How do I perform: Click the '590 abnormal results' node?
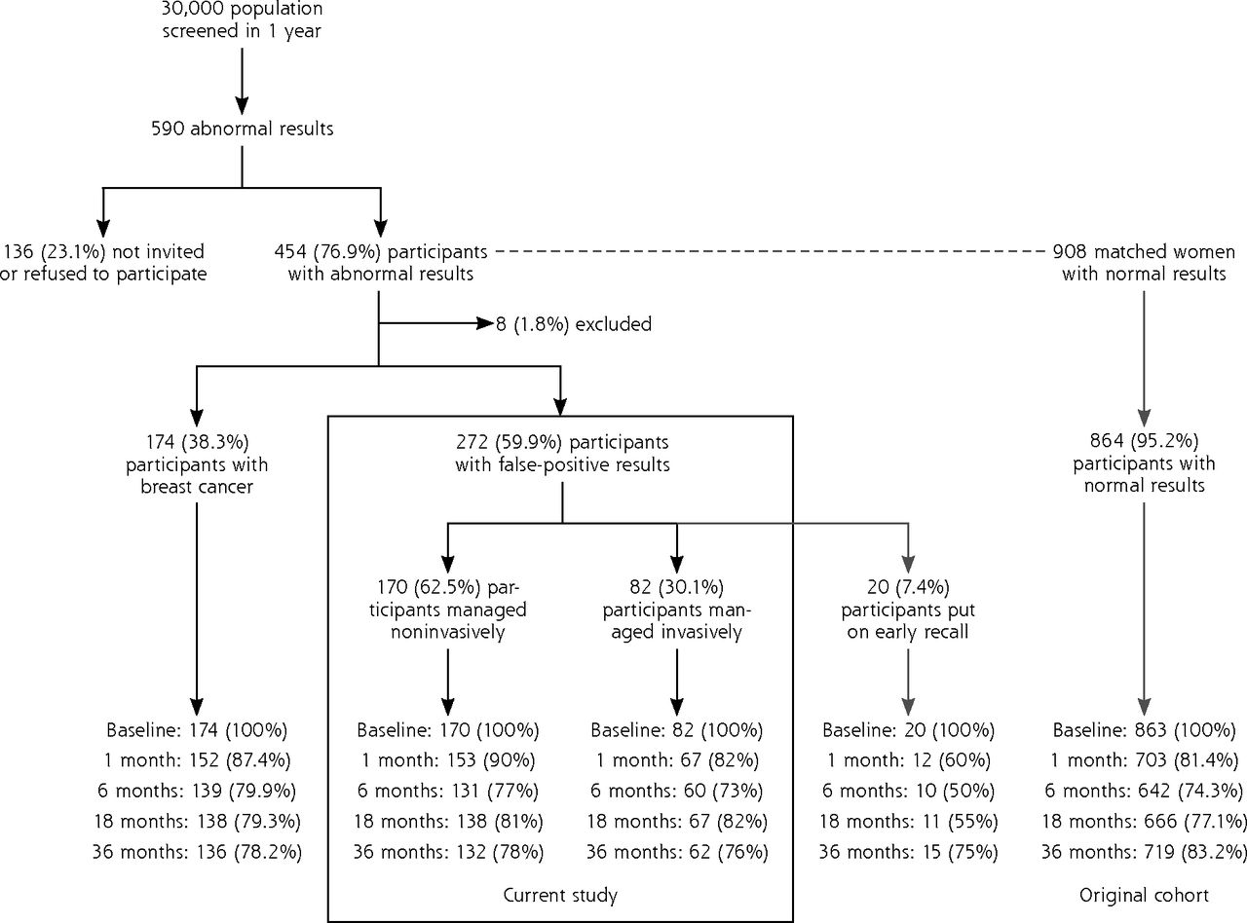(x=243, y=129)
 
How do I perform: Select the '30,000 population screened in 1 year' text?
(x=243, y=19)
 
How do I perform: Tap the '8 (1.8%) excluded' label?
(x=574, y=324)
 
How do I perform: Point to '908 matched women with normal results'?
(x=1144, y=263)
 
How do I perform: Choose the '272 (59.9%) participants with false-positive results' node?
(x=562, y=454)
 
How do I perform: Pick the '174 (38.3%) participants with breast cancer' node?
(x=197, y=464)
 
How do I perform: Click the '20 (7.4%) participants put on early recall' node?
(x=908, y=609)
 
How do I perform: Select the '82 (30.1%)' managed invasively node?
(x=677, y=609)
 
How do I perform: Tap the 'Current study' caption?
(x=560, y=895)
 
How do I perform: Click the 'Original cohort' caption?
(x=1144, y=895)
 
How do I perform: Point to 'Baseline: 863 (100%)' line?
(x=1144, y=730)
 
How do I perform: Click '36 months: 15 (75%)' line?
(x=908, y=852)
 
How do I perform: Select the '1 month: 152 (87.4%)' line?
(x=197, y=760)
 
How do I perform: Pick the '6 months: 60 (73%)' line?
(x=677, y=791)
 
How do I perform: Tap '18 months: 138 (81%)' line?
(x=448, y=822)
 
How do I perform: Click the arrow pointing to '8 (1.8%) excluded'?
(x=436, y=323)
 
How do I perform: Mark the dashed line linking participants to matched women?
(x=770, y=251)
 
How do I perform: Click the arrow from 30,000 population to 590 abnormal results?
(x=242, y=81)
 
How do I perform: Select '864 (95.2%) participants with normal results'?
(x=1144, y=463)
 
